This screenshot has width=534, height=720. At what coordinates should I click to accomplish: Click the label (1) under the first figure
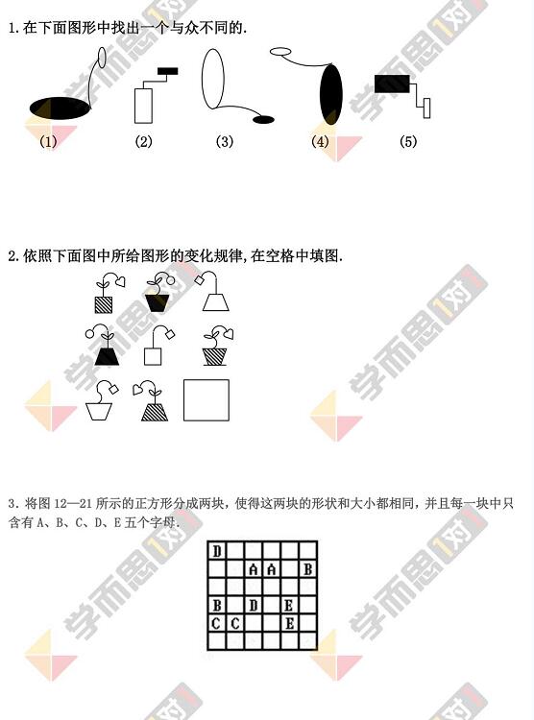[x=48, y=141]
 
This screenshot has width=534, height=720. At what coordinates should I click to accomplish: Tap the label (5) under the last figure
[x=408, y=141]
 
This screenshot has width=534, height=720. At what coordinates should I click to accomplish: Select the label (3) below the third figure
[x=225, y=141]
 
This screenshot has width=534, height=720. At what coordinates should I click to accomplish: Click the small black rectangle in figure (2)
[x=168, y=71]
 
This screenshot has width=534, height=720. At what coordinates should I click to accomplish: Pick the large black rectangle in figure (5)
[x=392, y=84]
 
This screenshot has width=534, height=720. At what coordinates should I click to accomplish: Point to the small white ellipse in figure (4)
[x=280, y=51]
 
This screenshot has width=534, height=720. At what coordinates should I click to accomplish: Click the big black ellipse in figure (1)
[x=61, y=108]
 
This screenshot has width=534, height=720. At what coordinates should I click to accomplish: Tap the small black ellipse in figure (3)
[x=263, y=120]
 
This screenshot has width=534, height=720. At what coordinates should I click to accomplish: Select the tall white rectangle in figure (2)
[x=143, y=106]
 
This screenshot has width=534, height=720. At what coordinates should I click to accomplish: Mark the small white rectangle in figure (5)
[x=427, y=108]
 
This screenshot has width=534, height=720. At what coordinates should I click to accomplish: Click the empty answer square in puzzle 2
[x=206, y=400]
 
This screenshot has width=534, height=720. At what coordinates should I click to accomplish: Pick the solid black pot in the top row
[x=158, y=302]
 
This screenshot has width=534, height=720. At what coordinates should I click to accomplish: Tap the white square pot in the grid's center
[x=153, y=356]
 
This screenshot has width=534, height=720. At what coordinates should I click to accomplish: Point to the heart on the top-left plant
[x=120, y=281]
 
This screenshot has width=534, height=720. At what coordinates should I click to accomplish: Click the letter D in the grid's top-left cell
[x=217, y=551]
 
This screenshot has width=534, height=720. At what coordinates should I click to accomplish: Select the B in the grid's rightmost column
[x=308, y=569]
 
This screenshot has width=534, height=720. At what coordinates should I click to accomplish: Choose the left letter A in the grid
[x=254, y=569]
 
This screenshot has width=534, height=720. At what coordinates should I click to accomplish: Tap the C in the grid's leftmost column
[x=216, y=624]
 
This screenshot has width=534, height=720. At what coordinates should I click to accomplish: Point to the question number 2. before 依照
[x=13, y=255]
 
